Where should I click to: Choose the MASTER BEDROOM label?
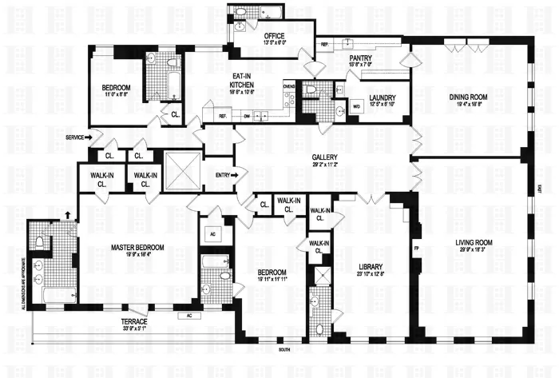point(138,246)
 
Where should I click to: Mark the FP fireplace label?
point(416,249)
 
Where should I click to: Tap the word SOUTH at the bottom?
point(283,350)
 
